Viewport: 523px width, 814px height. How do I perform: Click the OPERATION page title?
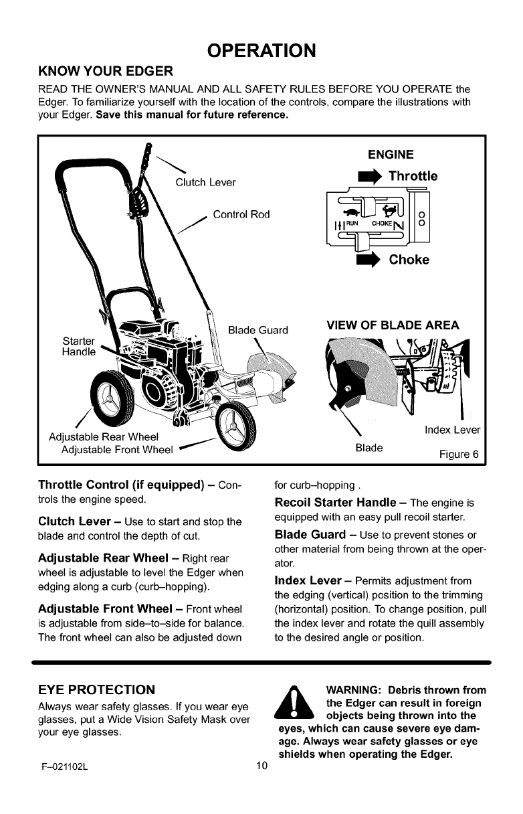[x=261, y=50]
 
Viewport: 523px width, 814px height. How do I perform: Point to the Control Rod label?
[x=241, y=215]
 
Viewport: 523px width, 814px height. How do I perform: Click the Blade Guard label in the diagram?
[x=258, y=330]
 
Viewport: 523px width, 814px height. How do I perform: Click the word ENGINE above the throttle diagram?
[x=391, y=155]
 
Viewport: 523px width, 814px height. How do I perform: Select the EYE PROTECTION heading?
[x=94, y=689]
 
